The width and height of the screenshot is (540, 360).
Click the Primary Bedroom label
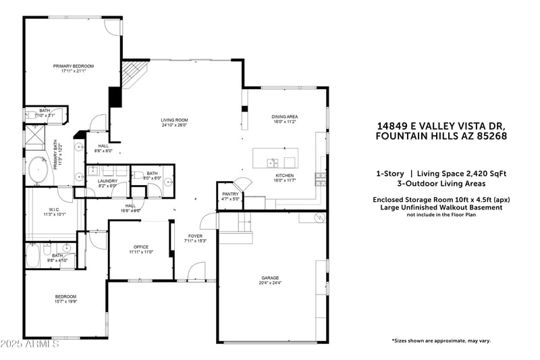click(74, 66)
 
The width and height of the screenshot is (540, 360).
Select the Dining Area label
click(285, 117)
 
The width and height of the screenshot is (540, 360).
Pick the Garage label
click(271, 278)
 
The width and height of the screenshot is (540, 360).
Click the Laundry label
click(107, 180)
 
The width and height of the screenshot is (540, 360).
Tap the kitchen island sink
click(271, 162)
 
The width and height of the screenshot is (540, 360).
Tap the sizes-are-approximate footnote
click(441, 340)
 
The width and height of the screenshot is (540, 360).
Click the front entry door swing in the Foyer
click(196, 272)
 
